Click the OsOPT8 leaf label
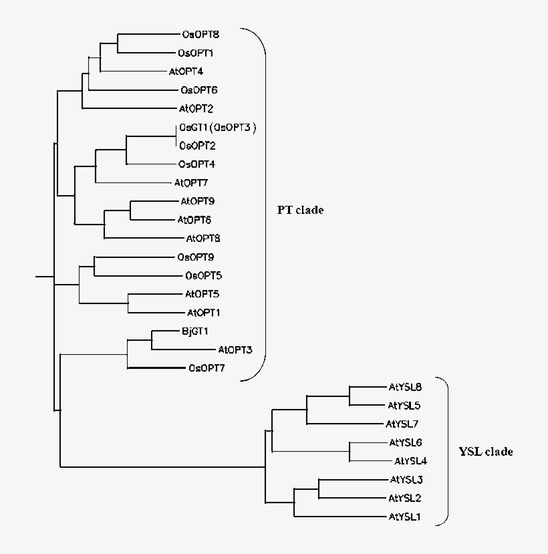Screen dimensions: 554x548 pos(200,34)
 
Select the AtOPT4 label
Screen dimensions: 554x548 pos(185,72)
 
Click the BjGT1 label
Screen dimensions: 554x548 pos(194,331)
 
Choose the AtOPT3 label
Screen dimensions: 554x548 pos(235,350)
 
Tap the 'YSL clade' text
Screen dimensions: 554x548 pos(486,452)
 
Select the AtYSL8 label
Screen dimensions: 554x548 pos(405,386)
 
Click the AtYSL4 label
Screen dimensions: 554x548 pos(410,460)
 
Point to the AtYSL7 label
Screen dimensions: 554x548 pos(402,424)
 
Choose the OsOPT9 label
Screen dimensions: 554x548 pos(195,257)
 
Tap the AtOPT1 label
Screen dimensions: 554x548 pos(204,312)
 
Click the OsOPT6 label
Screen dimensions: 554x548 pos(198,90)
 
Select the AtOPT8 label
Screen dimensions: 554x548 pos(203,238)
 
